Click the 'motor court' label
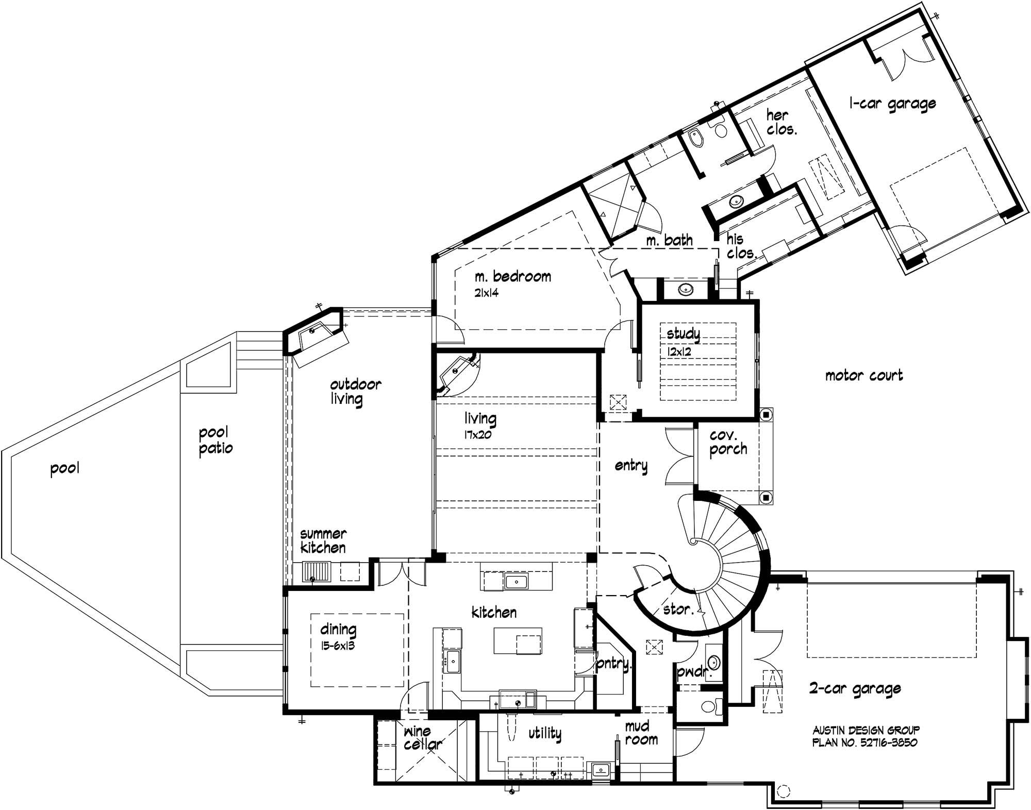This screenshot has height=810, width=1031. tap(864, 375)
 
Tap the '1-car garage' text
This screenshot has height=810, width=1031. tap(892, 104)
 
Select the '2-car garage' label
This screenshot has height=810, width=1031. tap(855, 689)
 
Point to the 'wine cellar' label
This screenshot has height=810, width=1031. tap(422, 738)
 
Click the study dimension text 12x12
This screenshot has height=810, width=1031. tap(679, 352)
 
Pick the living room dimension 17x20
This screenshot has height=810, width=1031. tap(477, 434)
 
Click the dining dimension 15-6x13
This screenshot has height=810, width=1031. tap(338, 645)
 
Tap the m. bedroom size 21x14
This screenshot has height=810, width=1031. tap(487, 293)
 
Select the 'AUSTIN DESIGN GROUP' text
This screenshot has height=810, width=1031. tap(866, 730)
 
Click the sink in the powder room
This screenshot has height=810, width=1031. tap(714, 661)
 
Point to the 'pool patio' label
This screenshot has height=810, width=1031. tap(215, 440)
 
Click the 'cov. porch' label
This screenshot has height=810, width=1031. tap(728, 443)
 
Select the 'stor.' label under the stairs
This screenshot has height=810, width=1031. tap(677, 610)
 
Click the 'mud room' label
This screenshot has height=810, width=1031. tap(641, 733)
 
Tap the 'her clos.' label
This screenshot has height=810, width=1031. tap(781, 122)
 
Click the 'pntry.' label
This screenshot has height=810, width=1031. tap(612, 663)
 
